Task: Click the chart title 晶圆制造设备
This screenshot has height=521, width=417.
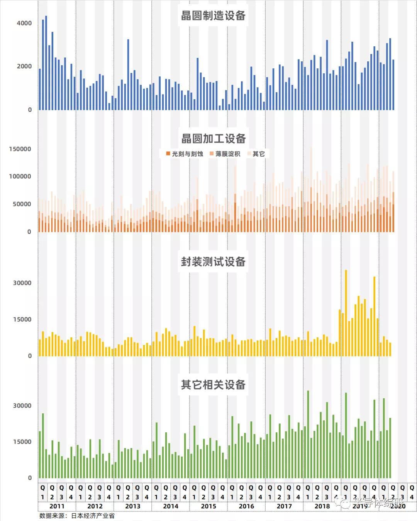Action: pos(213,15)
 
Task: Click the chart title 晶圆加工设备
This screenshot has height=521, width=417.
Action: pos(213,139)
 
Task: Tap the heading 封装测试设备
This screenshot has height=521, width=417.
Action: pos(213,262)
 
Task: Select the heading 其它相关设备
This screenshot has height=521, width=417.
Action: pos(213,385)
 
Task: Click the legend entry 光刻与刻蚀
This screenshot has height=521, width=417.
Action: pos(184,154)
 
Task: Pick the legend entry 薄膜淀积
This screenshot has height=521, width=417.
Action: pos(225,154)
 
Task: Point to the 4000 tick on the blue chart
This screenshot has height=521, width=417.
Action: pos(24,23)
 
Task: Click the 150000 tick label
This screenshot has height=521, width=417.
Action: pos(20,149)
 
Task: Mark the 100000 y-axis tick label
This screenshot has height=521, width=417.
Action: pos(20,176)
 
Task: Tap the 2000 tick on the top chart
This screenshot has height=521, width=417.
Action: pos(24,66)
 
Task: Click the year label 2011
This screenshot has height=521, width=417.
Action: pos(57,506)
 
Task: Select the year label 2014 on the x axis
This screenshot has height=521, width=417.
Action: pos(171,506)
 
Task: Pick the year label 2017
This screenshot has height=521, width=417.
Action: pos(284,506)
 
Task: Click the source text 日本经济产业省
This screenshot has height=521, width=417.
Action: pos(93,516)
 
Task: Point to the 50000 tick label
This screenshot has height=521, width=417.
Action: pos(22,204)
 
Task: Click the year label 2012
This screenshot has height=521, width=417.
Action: pos(95,506)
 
